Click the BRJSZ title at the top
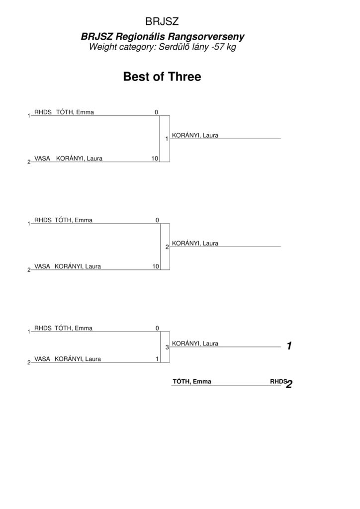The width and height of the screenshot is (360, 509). tap(162, 21)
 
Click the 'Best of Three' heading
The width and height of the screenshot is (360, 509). tap(162, 77)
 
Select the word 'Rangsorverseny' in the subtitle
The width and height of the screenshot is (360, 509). tap(206, 37)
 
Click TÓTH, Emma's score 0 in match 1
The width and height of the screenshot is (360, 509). tap(156, 112)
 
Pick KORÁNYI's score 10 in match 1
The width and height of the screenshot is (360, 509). tap(155, 159)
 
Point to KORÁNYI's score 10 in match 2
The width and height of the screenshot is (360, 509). tap(156, 266)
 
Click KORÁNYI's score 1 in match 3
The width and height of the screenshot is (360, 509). tap(157, 359)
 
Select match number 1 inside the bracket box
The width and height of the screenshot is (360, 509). tap(167, 139)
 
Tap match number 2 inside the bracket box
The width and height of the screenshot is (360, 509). tap(167, 247)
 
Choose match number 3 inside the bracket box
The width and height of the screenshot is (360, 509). tap(167, 347)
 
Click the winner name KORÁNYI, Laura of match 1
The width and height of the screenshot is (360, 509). tap(195, 135)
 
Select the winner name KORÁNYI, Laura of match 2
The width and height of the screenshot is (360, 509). tap(195, 243)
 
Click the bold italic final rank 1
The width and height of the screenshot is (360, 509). tap(289, 346)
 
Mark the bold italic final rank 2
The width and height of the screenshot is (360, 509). tap(289, 384)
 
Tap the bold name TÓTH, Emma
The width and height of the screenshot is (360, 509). tap(192, 381)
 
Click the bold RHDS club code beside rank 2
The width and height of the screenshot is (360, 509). tap(278, 381)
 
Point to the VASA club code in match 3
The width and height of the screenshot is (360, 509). tap(42, 359)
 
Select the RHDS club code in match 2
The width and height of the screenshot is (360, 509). tap(43, 220)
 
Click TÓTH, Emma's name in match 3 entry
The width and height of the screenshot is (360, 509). tap(74, 328)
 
